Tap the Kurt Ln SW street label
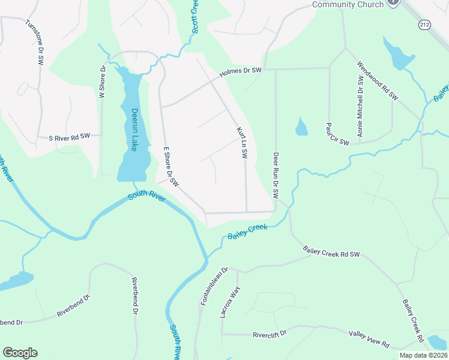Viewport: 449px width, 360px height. [x=241, y=142]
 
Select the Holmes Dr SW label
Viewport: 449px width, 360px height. [x=241, y=71]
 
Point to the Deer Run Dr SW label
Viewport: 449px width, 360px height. [x=276, y=175]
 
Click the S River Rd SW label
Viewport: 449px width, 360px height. [x=69, y=137]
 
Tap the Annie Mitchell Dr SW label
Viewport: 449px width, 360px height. [x=361, y=106]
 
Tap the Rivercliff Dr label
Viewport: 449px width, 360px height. [x=270, y=334]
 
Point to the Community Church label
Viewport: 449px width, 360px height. [x=348, y=5]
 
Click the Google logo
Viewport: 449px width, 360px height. [x=20, y=353]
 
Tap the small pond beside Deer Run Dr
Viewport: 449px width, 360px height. [x=301, y=127]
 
